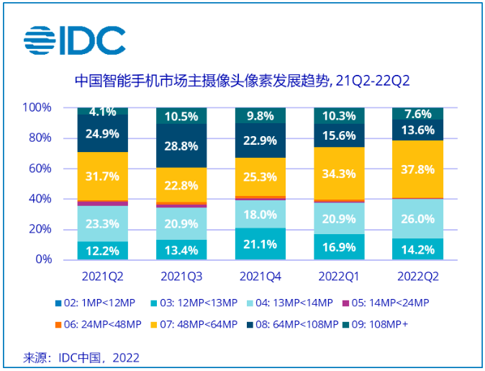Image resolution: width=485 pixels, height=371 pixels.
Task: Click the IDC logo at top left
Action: click(x=75, y=40)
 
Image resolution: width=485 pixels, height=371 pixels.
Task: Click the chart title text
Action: click(x=242, y=81)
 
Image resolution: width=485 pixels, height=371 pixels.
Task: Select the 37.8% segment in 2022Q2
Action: click(x=417, y=169)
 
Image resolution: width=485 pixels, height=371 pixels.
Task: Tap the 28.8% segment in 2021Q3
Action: click(x=181, y=146)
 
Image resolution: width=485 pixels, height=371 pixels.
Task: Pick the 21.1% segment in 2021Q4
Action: click(x=260, y=244)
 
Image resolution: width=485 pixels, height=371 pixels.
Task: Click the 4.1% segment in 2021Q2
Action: click(x=102, y=111)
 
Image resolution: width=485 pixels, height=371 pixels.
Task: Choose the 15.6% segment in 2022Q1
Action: click(x=339, y=135)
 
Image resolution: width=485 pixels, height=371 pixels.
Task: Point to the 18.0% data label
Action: click(x=260, y=215)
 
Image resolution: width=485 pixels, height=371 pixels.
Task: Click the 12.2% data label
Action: click(x=102, y=251)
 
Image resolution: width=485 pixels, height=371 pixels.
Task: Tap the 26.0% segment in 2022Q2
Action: click(x=417, y=218)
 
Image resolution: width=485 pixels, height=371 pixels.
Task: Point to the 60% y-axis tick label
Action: click(x=40, y=169)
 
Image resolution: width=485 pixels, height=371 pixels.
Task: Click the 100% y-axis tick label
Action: click(x=37, y=107)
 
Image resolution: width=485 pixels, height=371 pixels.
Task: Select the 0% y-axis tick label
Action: click(x=44, y=259)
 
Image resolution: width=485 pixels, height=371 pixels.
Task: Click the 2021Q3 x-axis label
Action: click(x=181, y=276)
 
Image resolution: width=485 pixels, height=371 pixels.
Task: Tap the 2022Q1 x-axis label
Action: click(x=339, y=276)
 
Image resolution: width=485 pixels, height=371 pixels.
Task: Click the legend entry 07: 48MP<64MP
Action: click(x=194, y=324)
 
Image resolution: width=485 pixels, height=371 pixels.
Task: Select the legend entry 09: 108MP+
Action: click(x=376, y=324)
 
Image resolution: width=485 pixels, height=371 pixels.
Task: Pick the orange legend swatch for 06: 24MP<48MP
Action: click(x=58, y=325)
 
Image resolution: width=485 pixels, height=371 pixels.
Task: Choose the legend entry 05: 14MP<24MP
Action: click(x=386, y=303)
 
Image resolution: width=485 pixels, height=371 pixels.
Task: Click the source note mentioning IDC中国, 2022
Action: click(x=81, y=358)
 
